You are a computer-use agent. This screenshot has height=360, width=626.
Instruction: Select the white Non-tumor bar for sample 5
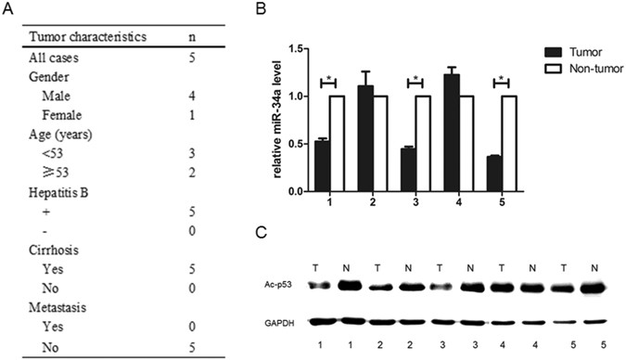click(x=509, y=144)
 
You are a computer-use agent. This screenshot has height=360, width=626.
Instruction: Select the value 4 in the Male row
click(x=191, y=96)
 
